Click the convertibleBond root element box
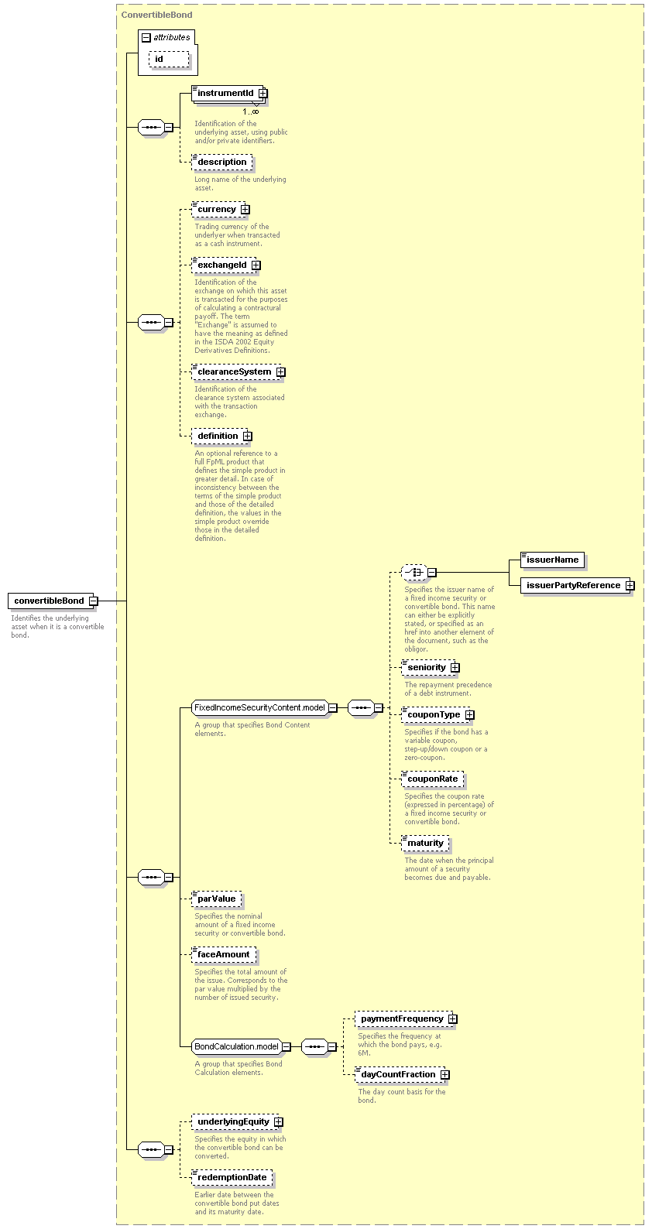point(50,601)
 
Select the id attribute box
point(169,60)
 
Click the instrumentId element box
point(229,94)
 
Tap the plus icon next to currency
point(245,210)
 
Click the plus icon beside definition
point(248,436)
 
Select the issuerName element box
point(552,560)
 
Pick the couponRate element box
point(432,779)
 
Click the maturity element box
point(425,844)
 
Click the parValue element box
point(217,899)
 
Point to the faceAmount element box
point(224,954)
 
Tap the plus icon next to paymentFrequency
point(453,1018)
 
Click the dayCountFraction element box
point(400,1074)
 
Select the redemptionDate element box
point(232,1177)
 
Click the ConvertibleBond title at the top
point(157,15)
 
